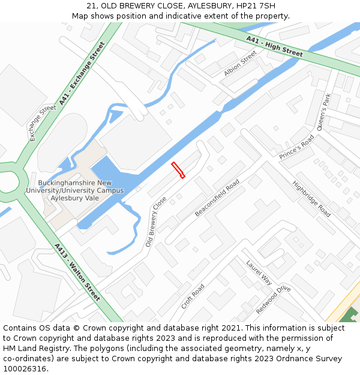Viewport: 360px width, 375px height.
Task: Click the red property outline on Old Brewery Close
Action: (178, 170)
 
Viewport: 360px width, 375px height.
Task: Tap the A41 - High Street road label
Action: (274, 47)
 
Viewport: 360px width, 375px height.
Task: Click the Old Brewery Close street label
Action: (156, 221)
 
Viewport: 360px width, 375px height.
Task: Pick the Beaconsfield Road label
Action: (217, 198)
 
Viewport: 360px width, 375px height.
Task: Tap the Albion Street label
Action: (240, 63)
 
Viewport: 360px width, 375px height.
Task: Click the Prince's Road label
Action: (297, 148)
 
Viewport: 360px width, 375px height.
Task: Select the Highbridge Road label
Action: (311, 199)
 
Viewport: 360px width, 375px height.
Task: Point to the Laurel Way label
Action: (259, 272)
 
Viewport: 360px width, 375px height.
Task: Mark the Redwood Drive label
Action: (273, 300)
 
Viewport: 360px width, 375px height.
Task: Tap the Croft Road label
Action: (193, 296)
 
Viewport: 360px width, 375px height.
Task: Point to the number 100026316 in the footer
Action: (26, 368)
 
